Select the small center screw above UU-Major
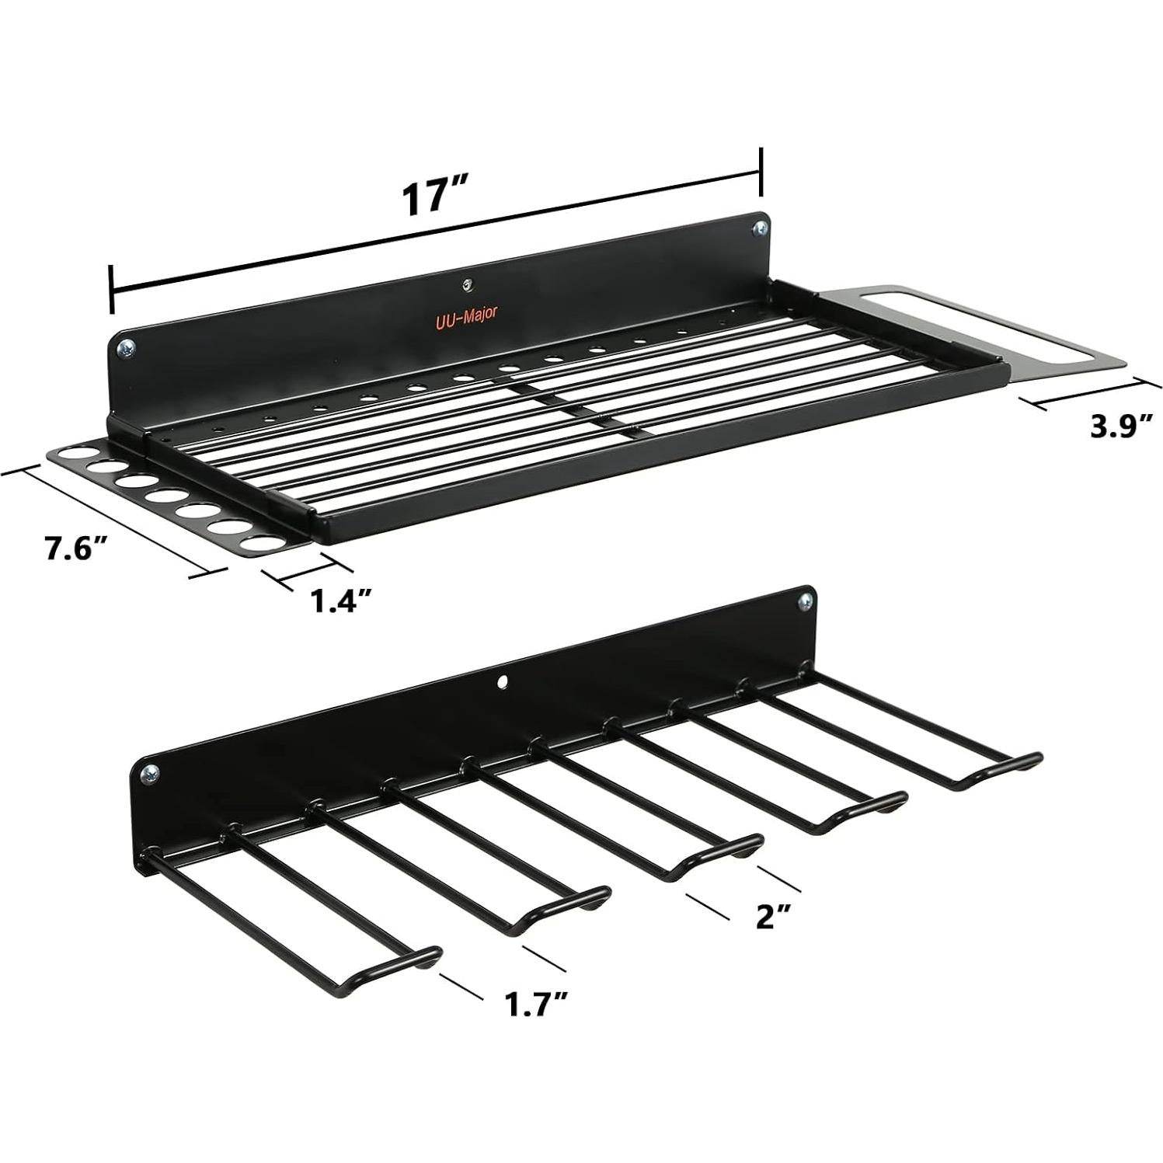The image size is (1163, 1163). (466, 284)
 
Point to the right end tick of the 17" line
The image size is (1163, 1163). (761, 172)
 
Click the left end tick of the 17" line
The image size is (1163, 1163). (113, 289)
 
